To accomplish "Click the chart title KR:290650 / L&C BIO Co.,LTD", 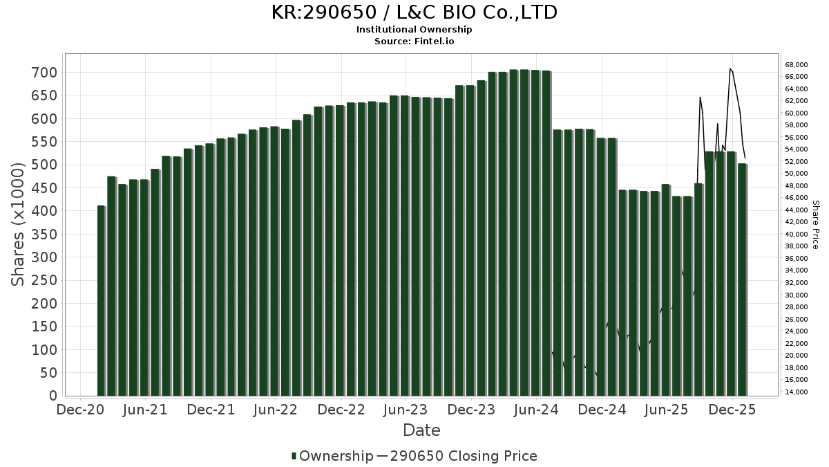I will click(414, 12).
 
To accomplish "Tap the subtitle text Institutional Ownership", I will click(414, 30).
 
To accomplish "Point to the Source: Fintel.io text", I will click(414, 41).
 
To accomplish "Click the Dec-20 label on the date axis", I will click(80, 410).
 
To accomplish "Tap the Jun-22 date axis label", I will click(276, 410).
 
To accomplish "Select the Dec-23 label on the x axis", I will click(471, 410).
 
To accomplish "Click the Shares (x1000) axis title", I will click(19, 224).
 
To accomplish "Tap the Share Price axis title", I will click(815, 224).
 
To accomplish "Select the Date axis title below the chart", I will click(421, 430).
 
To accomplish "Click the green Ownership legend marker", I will click(294, 456).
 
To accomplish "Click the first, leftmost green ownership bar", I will click(101, 301).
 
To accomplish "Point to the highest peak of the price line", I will click(730, 68).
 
